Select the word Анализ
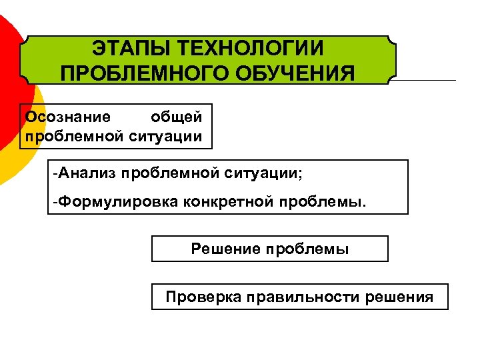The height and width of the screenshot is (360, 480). [x=87, y=174]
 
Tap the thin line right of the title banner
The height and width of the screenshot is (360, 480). [x=427, y=81]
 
